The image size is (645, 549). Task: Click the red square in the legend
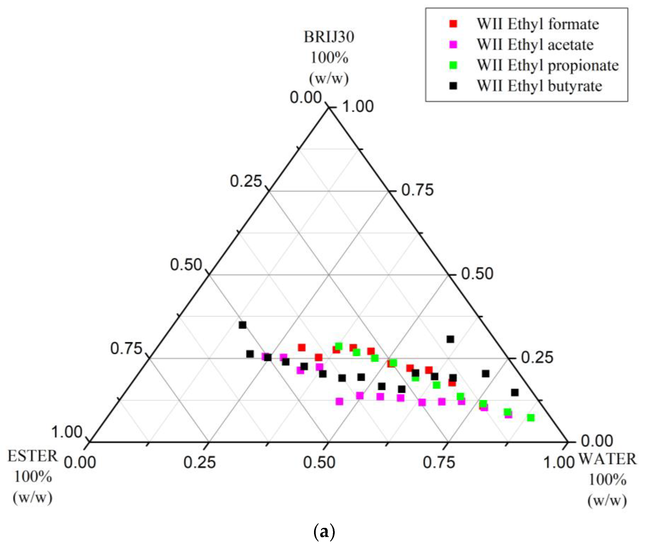click(x=453, y=24)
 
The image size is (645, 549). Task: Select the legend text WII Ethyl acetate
click(x=535, y=44)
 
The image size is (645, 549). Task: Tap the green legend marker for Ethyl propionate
click(x=453, y=65)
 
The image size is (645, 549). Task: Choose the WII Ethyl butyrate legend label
click(x=539, y=86)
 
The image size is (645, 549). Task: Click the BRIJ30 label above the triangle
click(x=329, y=37)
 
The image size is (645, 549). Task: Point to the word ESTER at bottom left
click(x=33, y=457)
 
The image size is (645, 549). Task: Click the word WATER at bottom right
click(x=607, y=459)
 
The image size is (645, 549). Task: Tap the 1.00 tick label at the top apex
click(x=358, y=107)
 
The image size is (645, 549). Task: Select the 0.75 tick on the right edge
click(x=417, y=190)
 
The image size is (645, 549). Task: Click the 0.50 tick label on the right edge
click(x=477, y=274)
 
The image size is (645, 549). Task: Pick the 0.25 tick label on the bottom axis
click(x=199, y=462)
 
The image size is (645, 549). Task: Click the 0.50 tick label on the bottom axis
click(x=319, y=462)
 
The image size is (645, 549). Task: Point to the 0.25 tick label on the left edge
click(x=246, y=181)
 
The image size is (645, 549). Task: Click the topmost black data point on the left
click(x=243, y=325)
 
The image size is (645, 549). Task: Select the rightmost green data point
click(x=531, y=418)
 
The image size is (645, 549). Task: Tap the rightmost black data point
click(x=515, y=392)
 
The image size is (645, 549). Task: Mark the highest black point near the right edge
click(x=450, y=339)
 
